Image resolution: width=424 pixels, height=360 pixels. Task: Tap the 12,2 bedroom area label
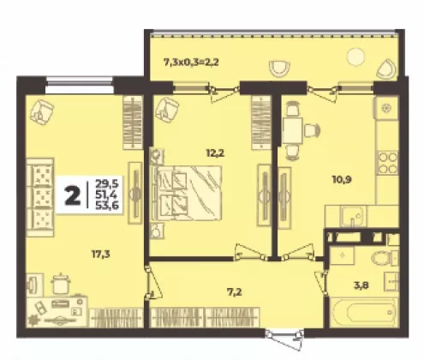click(215, 153)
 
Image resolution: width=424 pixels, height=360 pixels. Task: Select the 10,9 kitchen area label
click(342, 180)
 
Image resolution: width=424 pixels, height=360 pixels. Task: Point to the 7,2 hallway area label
click(235, 292)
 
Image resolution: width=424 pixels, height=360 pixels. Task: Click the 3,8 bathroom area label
click(361, 285)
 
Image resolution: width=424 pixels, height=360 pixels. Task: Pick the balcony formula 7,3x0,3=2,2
click(191, 62)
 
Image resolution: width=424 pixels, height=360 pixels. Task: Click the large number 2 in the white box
click(72, 195)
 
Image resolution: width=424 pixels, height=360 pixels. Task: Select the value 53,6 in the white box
click(107, 205)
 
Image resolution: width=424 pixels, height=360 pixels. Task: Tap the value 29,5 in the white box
click(107, 183)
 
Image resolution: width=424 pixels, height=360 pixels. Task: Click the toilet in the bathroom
click(385, 258)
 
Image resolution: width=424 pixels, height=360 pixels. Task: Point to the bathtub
click(364, 313)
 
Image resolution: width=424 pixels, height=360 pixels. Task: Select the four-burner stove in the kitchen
click(388, 163)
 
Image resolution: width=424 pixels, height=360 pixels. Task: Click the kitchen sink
click(353, 217)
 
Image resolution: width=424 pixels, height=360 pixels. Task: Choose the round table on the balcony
click(355, 57)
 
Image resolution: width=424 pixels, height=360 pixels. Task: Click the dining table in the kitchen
click(292, 130)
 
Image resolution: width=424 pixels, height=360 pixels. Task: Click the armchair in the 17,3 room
click(42, 112)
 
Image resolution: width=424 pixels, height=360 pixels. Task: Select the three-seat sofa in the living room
click(40, 197)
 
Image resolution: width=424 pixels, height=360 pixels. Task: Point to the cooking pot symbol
click(61, 283)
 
